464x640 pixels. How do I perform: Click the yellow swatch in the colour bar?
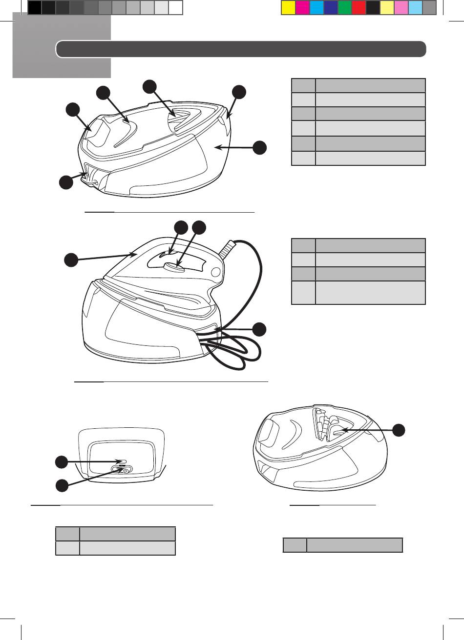point(289,8)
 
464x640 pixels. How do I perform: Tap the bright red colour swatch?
point(359,8)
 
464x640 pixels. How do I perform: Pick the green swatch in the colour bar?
point(345,8)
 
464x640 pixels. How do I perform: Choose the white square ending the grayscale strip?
point(176,8)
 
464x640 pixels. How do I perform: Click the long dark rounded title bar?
point(241,49)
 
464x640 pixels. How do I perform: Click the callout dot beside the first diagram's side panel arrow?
point(260,147)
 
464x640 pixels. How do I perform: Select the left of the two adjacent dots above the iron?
point(181,227)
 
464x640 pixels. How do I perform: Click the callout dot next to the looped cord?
point(260,329)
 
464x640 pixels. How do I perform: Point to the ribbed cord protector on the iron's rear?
point(226,251)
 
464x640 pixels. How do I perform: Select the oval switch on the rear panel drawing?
point(121,469)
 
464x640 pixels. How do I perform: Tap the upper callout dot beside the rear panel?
point(62,461)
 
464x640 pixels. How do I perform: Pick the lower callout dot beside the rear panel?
point(62,485)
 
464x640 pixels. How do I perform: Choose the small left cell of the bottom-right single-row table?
point(295,545)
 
